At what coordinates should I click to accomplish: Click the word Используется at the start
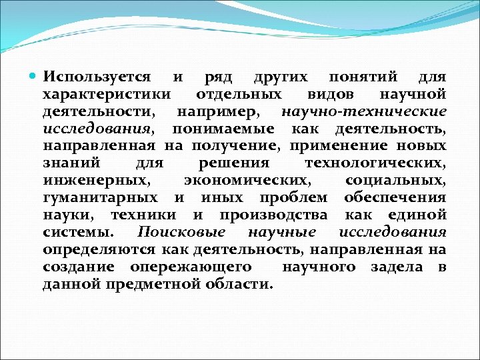(97, 78)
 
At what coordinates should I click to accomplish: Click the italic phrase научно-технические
(364, 112)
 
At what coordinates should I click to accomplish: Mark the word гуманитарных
(100, 198)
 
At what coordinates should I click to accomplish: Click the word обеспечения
(395, 198)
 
